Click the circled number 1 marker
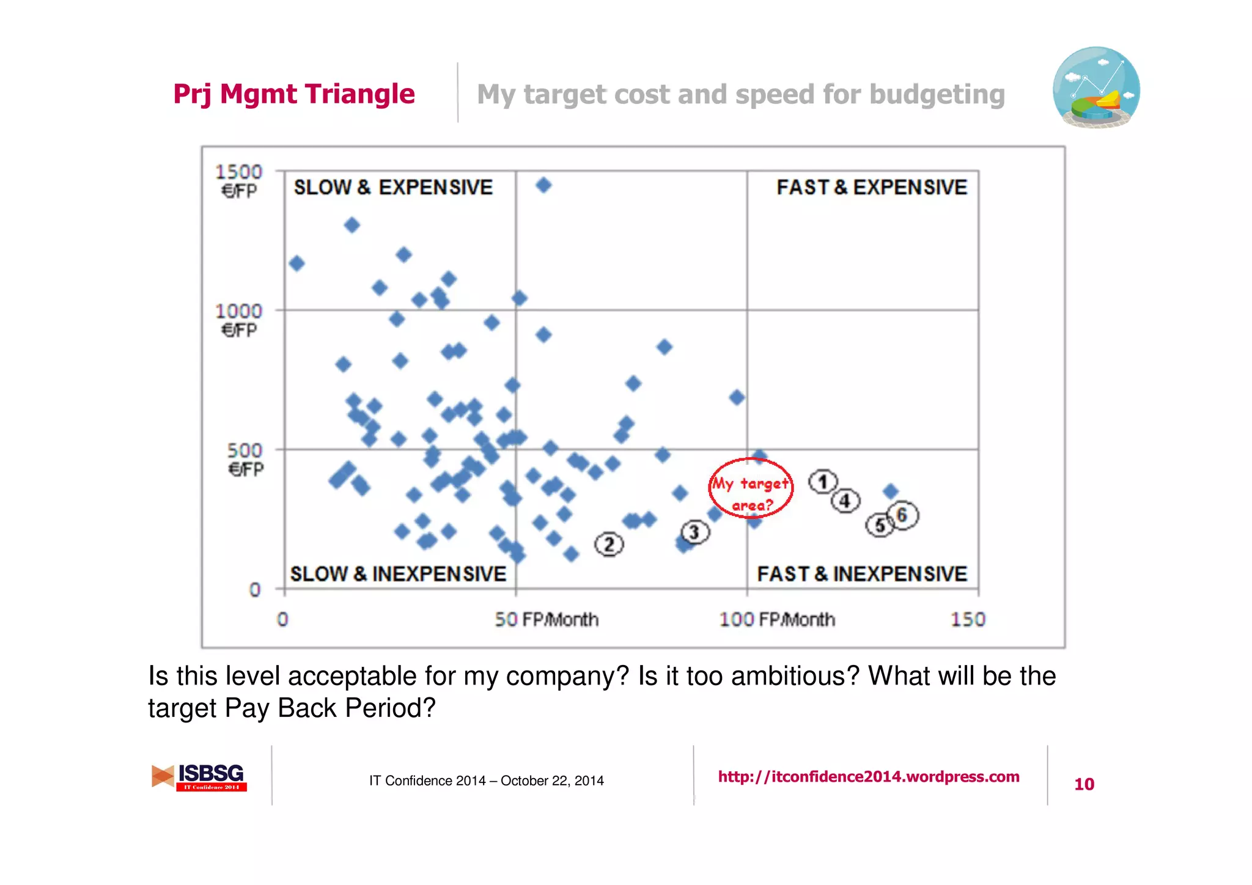coord(823,482)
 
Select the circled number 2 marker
coord(609,544)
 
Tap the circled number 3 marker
coord(695,532)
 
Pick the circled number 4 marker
coord(845,501)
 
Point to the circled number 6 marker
coord(903,515)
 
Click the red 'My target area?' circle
coord(751,488)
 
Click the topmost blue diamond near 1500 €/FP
coord(543,185)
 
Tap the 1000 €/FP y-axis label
coord(238,320)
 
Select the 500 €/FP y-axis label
coord(245,459)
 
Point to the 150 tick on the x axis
coord(968,619)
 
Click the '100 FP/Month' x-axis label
coord(777,619)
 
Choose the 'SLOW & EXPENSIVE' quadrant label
coord(393,187)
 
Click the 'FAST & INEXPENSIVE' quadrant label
coord(862,573)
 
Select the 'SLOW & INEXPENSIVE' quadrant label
coord(398,573)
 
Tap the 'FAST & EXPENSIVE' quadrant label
coord(872,187)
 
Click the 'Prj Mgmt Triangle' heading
coord(294,94)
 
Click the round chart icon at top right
coord(1096,87)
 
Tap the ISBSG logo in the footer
coord(199,777)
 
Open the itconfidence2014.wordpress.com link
coord(869,776)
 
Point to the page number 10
coord(1084,784)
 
